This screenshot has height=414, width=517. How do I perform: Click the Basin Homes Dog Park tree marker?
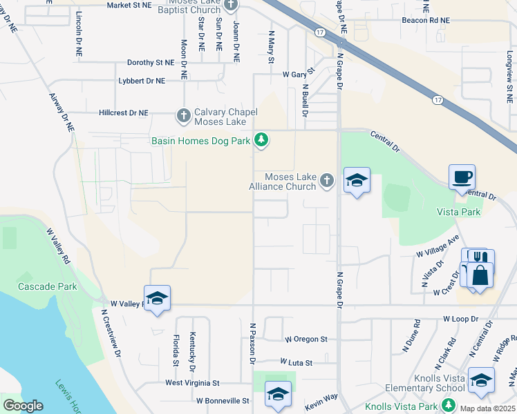tap(261, 141)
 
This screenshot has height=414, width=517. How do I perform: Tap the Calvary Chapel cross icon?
tap(184, 115)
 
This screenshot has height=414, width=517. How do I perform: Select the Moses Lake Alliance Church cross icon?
tap(327, 181)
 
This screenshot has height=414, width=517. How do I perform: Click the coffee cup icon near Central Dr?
tap(462, 177)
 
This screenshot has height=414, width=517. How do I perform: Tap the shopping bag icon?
tap(480, 274)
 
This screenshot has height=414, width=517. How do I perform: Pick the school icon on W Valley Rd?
tap(158, 298)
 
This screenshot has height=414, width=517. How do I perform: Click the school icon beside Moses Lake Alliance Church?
tap(357, 180)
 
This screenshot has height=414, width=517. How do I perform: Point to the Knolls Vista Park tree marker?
tap(450, 404)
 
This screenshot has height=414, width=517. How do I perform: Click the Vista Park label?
tap(458, 212)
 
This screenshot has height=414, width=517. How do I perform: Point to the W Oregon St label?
tap(306, 339)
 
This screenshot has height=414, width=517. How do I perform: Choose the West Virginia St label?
tap(192, 382)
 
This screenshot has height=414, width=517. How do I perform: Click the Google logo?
tap(23, 406)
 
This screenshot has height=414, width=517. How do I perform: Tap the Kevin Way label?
tap(321, 396)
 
